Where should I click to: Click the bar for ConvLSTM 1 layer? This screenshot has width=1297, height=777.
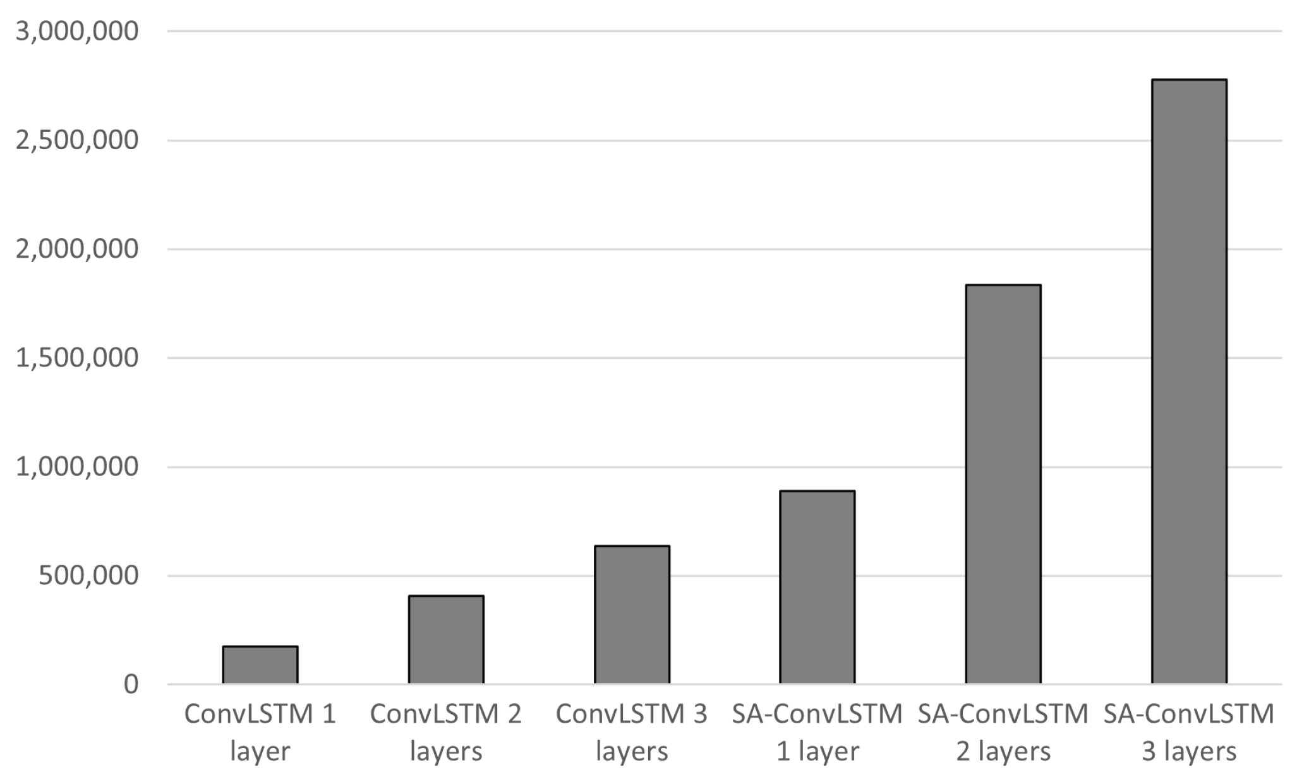point(260,665)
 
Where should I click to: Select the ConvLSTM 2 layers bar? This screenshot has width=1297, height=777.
point(446,640)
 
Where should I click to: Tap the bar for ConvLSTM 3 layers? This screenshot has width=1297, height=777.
point(632,615)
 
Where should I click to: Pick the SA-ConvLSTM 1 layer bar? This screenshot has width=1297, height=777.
point(817,587)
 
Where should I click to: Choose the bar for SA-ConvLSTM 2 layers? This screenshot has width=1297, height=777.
point(1003,485)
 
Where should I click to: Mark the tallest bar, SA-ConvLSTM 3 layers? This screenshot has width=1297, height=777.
point(1189,382)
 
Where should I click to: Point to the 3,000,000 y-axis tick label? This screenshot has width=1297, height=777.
point(77,31)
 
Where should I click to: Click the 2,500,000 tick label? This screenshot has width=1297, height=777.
point(77,140)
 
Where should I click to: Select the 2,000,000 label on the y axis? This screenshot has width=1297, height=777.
point(77,249)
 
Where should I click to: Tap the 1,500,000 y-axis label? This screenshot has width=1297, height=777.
point(77,358)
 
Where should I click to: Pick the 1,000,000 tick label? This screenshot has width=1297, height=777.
point(77,467)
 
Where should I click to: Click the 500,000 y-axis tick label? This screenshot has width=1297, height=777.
point(88,575)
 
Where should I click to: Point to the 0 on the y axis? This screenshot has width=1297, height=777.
point(131,684)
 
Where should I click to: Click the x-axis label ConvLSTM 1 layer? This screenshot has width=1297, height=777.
point(260,732)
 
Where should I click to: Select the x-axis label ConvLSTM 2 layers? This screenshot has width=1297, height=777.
point(446,732)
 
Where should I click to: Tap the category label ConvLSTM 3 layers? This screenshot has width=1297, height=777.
point(632,732)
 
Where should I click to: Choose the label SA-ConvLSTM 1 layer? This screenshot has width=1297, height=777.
point(817,732)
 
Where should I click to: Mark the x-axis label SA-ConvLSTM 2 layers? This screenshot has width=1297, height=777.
point(1003,732)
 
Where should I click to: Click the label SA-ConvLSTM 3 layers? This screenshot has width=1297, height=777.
point(1189,732)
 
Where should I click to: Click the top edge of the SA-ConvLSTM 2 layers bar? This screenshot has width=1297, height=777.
point(1003,286)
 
